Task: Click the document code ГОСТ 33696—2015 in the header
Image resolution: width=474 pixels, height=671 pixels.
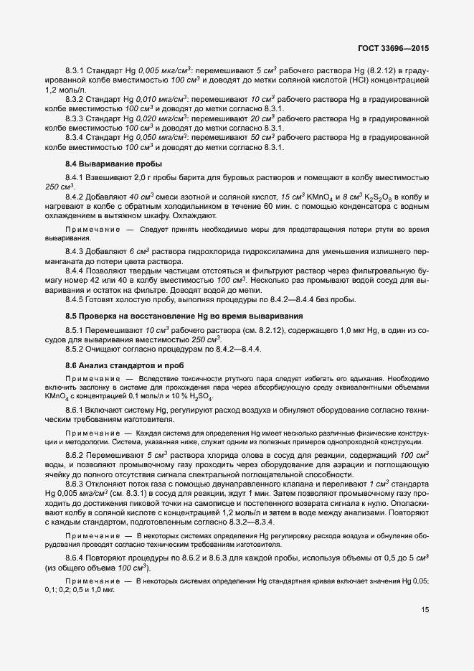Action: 397,49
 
